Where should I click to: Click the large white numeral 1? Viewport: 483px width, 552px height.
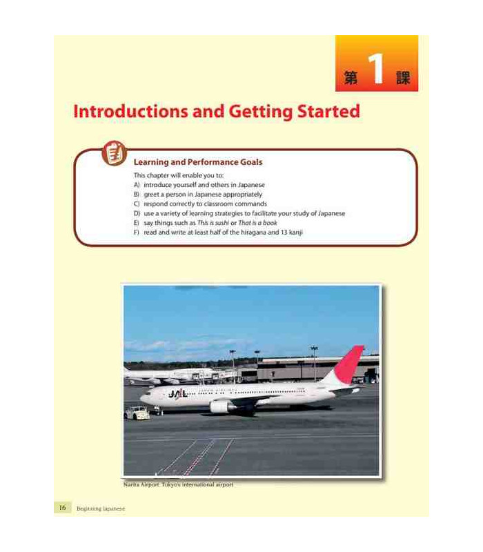click(x=377, y=69)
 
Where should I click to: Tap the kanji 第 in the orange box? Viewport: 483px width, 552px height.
click(x=351, y=77)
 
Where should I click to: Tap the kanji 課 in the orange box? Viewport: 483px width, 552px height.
click(x=403, y=77)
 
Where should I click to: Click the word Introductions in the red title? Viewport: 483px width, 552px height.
click(x=131, y=111)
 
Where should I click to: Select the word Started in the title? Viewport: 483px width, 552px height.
click(x=328, y=111)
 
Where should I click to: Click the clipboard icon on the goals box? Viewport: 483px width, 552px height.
click(x=115, y=153)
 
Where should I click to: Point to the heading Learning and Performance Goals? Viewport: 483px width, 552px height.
click(x=198, y=162)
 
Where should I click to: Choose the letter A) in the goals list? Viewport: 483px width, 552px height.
click(x=137, y=185)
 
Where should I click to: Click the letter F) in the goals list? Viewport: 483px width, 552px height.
click(x=137, y=233)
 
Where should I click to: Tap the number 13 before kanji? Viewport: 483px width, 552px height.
click(x=284, y=233)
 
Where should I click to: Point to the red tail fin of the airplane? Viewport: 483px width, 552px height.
click(x=348, y=364)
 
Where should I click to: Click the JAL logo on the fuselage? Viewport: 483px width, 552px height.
click(x=178, y=393)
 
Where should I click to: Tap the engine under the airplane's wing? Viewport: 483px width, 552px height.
click(x=221, y=406)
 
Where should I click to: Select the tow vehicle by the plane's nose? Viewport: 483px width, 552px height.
click(x=137, y=413)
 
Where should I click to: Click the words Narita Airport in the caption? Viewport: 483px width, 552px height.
click(x=141, y=485)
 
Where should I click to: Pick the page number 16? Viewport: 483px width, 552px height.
click(x=62, y=507)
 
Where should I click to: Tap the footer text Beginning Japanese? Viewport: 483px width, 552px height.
click(x=101, y=509)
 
